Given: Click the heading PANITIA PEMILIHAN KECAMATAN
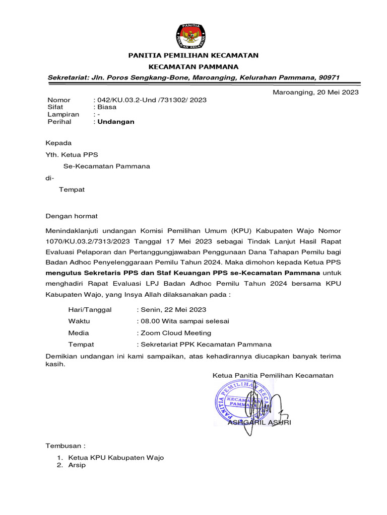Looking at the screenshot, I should [193, 55].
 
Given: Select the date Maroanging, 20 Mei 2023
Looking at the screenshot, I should [315, 92].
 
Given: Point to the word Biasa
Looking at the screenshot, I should [106, 107].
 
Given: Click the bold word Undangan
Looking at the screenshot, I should [116, 122].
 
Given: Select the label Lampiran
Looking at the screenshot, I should [63, 115].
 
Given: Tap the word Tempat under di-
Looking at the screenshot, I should [72, 190].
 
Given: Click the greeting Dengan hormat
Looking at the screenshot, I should [72, 216].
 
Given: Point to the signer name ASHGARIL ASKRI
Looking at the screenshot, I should [259, 422].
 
